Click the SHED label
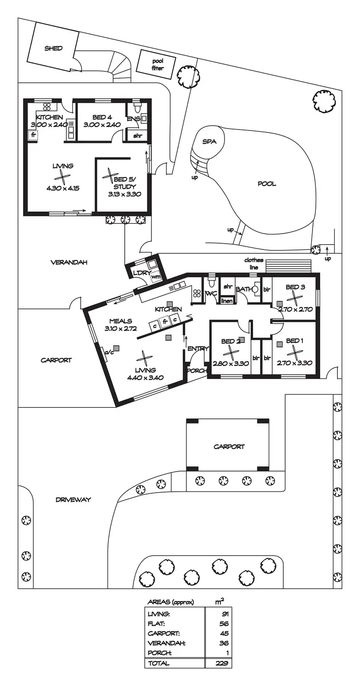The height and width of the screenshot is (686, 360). click(54, 48)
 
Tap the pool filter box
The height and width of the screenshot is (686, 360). click(157, 65)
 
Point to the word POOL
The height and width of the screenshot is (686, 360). click(267, 184)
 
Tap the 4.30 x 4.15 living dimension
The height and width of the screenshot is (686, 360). click(63, 189)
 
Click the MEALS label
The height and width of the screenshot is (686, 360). click(120, 321)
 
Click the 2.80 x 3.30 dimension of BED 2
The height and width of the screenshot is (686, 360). click(231, 363)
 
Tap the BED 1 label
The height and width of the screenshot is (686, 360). click(295, 341)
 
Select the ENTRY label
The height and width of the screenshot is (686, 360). click(197, 349)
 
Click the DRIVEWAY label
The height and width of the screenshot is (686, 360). click(73, 499)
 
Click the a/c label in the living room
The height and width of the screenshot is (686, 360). click(108, 354)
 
